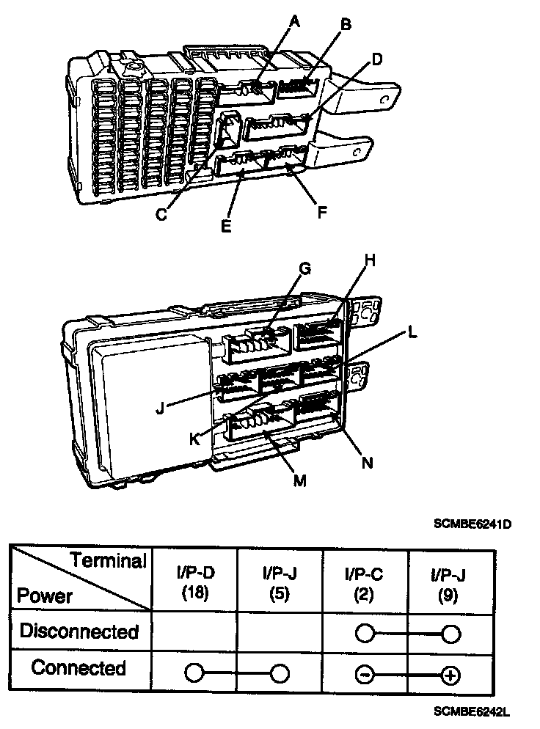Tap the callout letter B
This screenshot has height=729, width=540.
click(346, 25)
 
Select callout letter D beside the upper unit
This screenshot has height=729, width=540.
click(376, 59)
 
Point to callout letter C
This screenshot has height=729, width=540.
click(162, 215)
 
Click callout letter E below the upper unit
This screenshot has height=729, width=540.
click(226, 226)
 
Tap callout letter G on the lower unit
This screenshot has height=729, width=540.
click(304, 268)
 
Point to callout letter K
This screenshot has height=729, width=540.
click(194, 439)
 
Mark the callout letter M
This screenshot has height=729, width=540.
click(299, 481)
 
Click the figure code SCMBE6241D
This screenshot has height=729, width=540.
click(472, 524)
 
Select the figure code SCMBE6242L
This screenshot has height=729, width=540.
click(472, 712)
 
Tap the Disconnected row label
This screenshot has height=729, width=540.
click(79, 631)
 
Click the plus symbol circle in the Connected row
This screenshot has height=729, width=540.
click(450, 674)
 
